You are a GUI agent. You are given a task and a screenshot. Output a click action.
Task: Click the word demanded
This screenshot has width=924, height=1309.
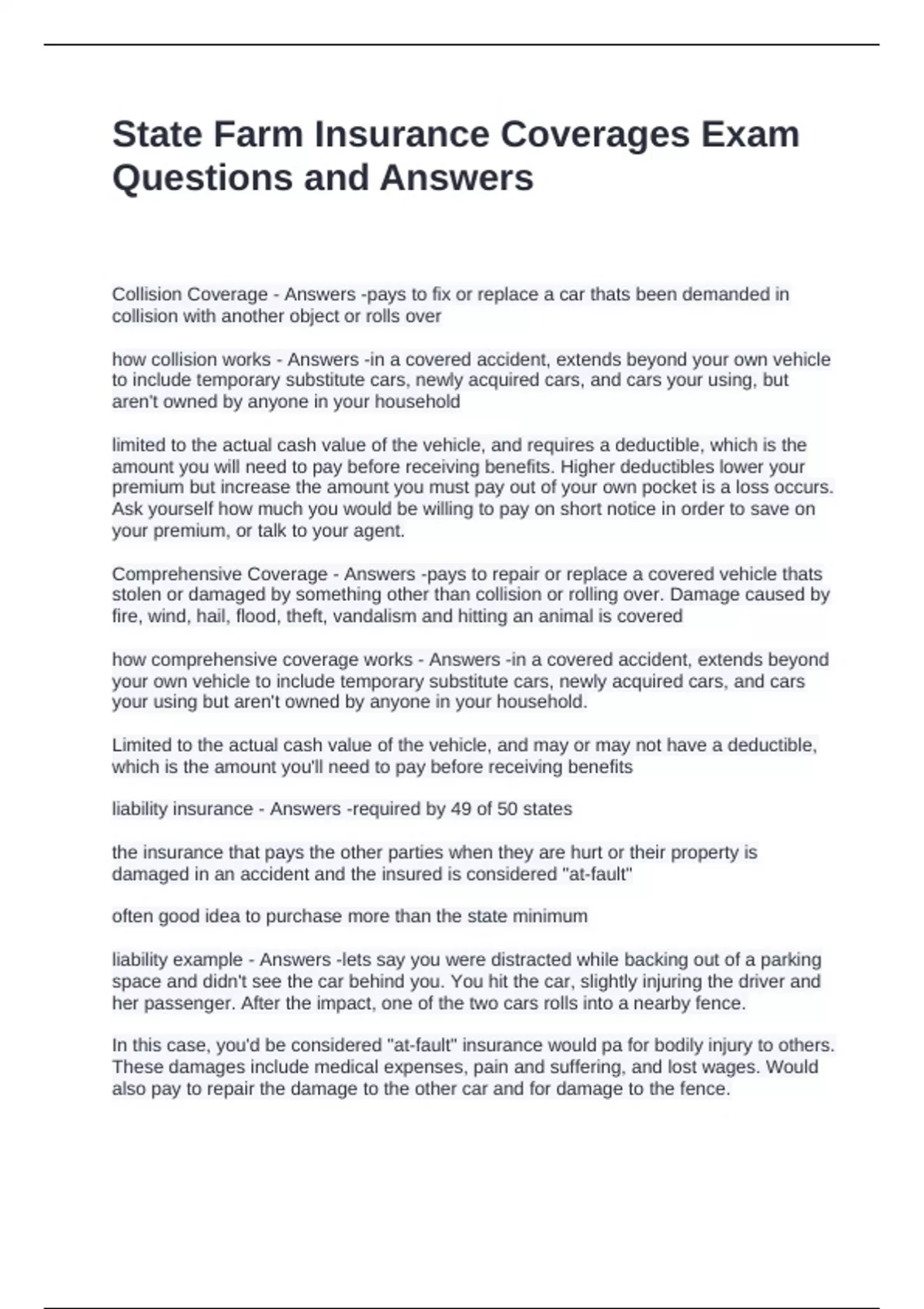pyautogui.click(x=711, y=294)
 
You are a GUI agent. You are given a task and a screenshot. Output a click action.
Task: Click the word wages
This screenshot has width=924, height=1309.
pyautogui.click(x=733, y=1067)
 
